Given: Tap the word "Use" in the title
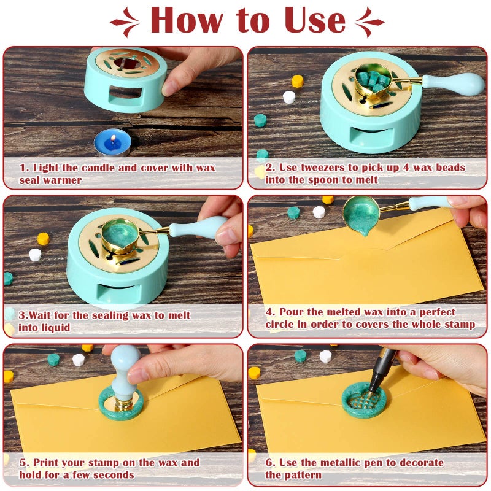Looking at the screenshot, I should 309,20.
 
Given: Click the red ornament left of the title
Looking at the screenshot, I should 126,23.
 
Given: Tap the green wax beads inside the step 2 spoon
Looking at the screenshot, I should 373,83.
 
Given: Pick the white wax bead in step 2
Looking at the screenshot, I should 289,97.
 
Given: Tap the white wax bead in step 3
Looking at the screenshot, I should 35,254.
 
